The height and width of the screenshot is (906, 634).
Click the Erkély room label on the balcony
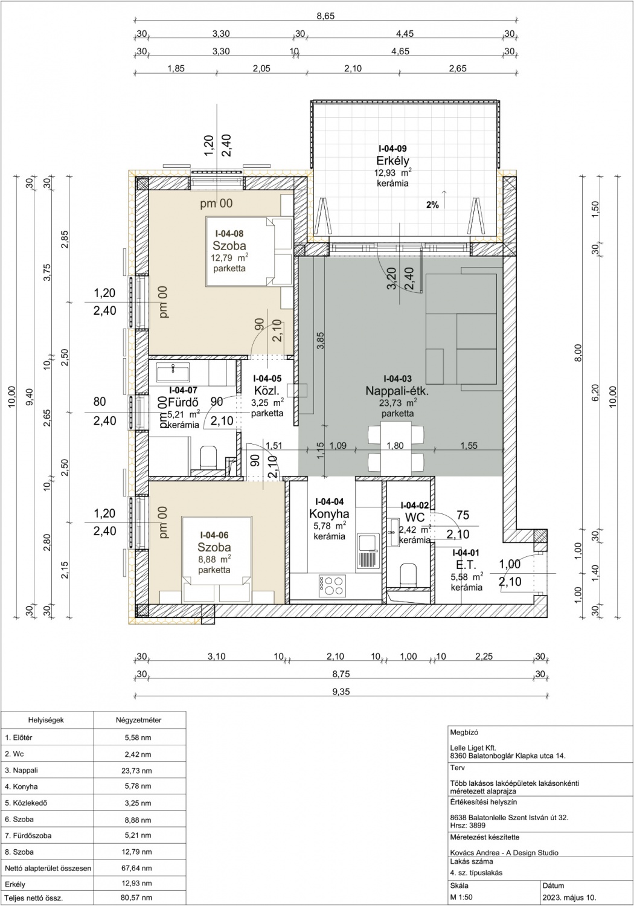coord(392,161)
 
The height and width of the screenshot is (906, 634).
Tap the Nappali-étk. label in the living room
coord(397,391)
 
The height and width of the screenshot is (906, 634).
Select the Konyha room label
coord(329,513)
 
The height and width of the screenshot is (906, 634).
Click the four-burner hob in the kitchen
coord(332,586)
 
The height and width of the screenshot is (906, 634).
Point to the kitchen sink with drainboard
coord(368,553)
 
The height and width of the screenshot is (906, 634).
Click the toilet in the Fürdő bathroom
coord(208,457)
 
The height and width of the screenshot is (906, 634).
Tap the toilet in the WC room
coord(408,575)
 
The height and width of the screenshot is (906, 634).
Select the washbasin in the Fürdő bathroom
coord(173,372)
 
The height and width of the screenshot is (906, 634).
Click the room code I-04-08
coord(229,233)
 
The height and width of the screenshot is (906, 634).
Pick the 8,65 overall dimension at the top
coord(326,16)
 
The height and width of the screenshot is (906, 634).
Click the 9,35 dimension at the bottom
coord(341,692)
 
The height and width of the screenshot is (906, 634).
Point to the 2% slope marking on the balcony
coord(432,205)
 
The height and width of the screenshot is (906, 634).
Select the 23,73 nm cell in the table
coord(136,771)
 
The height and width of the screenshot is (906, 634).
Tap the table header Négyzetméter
coord(139,720)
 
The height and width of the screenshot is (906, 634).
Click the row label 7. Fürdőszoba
coord(28,835)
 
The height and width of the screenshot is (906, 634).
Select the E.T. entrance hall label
coord(466,565)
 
